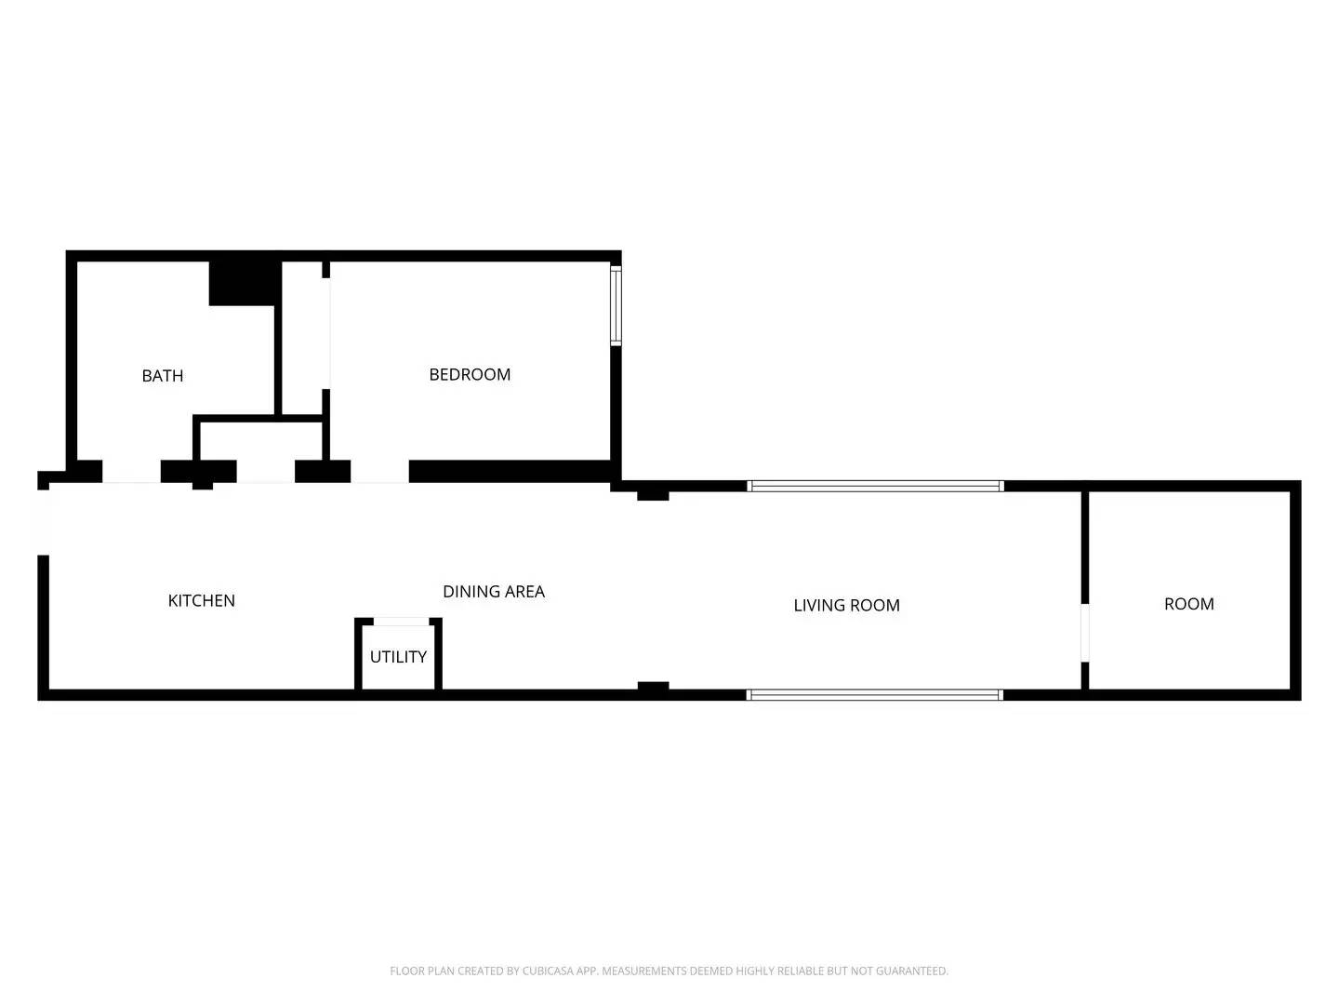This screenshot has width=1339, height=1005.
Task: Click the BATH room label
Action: click(163, 376)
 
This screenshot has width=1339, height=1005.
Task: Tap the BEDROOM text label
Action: click(470, 374)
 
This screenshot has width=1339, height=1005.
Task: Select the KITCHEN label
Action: click(201, 600)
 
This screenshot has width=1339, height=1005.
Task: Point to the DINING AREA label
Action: click(493, 591)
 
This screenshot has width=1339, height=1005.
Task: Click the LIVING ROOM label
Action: click(846, 605)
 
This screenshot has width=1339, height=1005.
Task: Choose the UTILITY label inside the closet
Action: click(398, 656)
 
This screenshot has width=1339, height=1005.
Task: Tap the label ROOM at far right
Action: click(1188, 604)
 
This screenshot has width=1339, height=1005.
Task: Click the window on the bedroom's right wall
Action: click(615, 306)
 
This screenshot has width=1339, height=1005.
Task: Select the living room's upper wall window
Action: click(875, 486)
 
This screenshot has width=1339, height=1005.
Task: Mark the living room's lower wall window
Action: click(875, 694)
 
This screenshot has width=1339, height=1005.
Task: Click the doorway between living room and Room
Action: click(1084, 633)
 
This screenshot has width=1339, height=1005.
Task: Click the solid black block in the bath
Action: click(245, 283)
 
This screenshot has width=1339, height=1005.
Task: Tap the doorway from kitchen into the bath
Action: click(131, 472)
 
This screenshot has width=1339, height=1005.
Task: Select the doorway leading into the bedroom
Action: click(379, 472)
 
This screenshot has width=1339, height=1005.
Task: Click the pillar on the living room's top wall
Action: click(653, 494)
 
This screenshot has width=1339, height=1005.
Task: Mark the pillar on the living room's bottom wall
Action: click(653, 687)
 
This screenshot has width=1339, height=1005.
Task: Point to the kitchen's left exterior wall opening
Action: click(42, 522)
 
